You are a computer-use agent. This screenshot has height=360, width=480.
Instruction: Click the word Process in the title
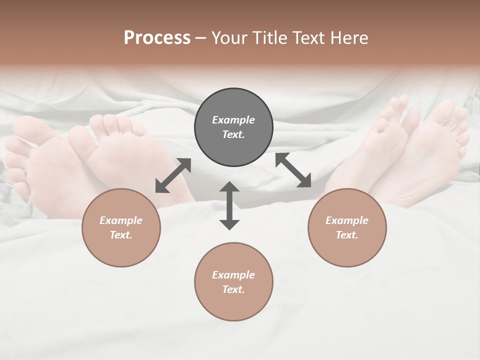157,38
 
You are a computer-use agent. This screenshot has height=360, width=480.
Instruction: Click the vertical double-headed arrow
229,206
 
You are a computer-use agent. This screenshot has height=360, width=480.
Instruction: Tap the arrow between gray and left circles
173,175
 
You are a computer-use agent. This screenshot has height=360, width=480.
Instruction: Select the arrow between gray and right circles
293,170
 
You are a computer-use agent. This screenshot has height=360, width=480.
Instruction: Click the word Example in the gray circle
233,120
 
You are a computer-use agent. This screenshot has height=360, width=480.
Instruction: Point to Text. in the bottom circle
233,289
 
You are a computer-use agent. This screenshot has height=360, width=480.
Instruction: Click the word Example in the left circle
121,220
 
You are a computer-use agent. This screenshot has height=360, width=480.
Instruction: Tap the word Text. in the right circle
347,235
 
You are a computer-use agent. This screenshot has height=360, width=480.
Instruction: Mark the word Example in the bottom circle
233,275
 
